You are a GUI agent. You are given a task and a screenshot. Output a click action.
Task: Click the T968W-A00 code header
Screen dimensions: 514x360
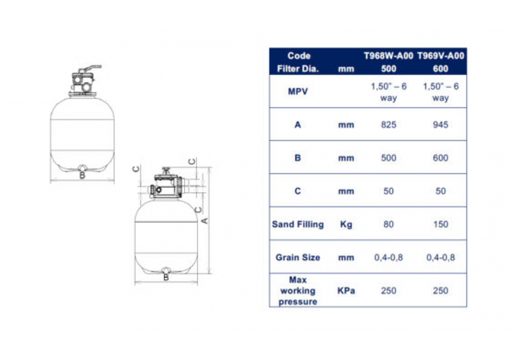coord(388,56)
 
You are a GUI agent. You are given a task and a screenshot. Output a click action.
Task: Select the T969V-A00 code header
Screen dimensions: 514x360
coord(440,56)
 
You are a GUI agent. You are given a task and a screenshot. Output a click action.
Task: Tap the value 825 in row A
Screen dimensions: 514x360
coord(388,125)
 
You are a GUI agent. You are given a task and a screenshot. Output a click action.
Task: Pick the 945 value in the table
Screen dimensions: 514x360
coord(440,125)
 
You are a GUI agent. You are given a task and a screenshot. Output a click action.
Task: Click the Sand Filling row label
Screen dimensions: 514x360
coord(298,224)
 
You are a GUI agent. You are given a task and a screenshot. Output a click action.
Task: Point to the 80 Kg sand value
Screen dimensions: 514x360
coord(388,224)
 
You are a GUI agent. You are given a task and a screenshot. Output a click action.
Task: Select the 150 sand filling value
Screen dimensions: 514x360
coord(440,224)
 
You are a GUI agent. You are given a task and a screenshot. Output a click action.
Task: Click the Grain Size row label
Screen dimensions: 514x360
coord(298,258)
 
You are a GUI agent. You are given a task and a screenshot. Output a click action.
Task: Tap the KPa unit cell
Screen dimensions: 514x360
coord(346,291)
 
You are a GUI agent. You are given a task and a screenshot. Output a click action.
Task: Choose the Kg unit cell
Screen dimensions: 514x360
coord(346,224)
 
